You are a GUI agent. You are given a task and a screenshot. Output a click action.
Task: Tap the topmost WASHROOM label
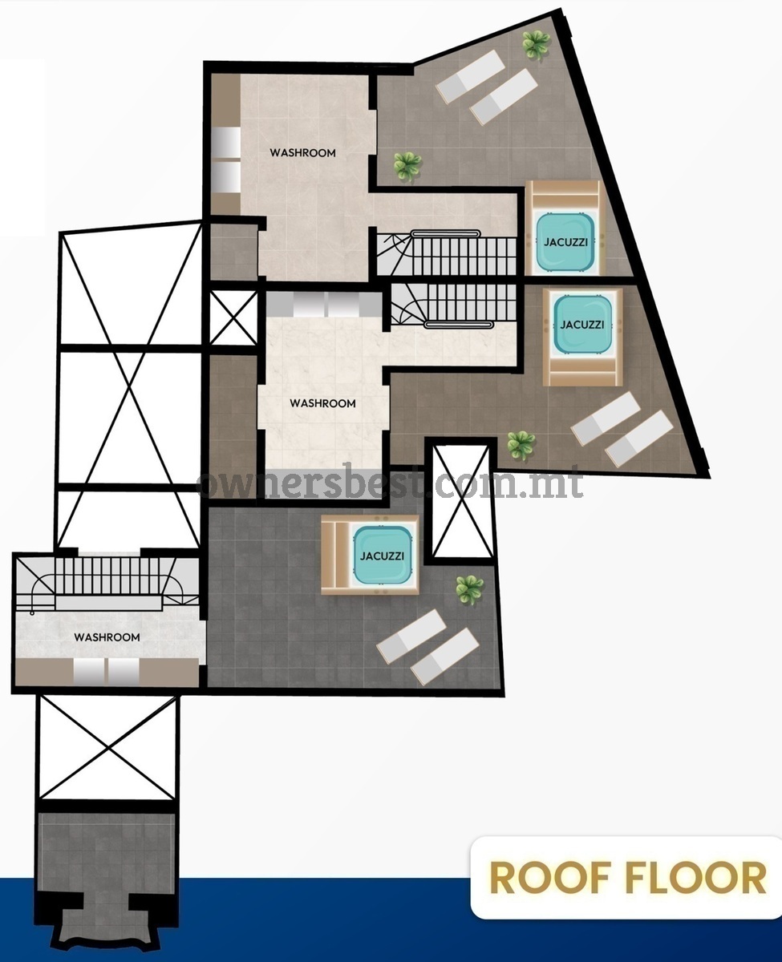point(302,152)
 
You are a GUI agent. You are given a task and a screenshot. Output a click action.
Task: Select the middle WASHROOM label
point(322,403)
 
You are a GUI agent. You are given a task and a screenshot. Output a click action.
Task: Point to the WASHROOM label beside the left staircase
point(107,637)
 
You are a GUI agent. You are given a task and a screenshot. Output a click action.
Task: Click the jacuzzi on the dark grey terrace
point(383,556)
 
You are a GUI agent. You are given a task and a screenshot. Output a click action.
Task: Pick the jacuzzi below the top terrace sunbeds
point(565,241)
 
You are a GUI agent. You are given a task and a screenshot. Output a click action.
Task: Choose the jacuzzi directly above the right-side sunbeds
point(582,325)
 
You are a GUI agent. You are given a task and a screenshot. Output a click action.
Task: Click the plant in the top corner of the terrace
point(536,44)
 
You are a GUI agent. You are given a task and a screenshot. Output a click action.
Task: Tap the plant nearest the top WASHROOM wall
point(407,166)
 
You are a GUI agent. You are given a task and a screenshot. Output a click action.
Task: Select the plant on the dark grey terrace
point(470,589)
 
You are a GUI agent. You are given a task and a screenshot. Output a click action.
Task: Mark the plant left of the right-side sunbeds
point(521,445)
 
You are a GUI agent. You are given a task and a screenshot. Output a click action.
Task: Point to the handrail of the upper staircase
point(445,233)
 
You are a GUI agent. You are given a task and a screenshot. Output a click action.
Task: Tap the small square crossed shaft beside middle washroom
point(233,317)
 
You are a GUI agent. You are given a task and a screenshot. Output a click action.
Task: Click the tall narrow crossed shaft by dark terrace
point(462,501)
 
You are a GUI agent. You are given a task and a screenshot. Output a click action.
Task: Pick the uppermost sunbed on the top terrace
point(470,76)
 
